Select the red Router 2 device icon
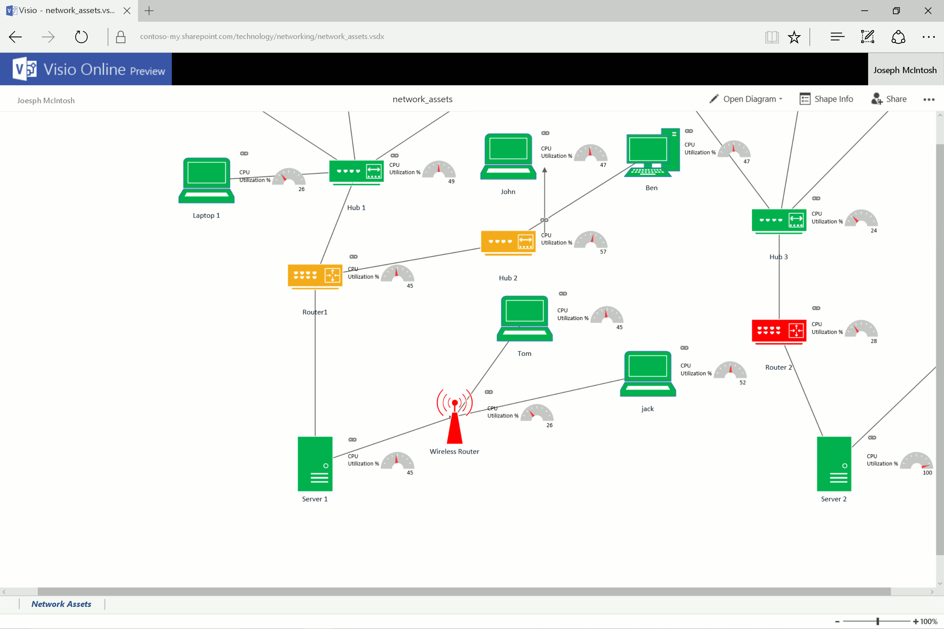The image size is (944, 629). pyautogui.click(x=778, y=331)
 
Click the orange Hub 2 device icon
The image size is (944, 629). pyautogui.click(x=508, y=242)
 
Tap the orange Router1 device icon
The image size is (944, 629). pyautogui.click(x=315, y=276)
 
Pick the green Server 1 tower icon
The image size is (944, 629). pyautogui.click(x=315, y=463)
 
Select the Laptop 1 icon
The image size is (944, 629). pyautogui.click(x=206, y=181)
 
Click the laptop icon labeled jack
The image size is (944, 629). pyautogui.click(x=647, y=374)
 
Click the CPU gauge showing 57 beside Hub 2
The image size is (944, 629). pyautogui.click(x=590, y=240)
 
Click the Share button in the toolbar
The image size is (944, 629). pyautogui.click(x=889, y=99)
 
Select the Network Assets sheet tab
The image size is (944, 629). pyautogui.click(x=61, y=604)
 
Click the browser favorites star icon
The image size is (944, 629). pyautogui.click(x=794, y=37)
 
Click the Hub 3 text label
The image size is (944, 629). pyautogui.click(x=778, y=257)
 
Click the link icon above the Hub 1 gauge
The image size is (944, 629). pyautogui.click(x=394, y=156)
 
